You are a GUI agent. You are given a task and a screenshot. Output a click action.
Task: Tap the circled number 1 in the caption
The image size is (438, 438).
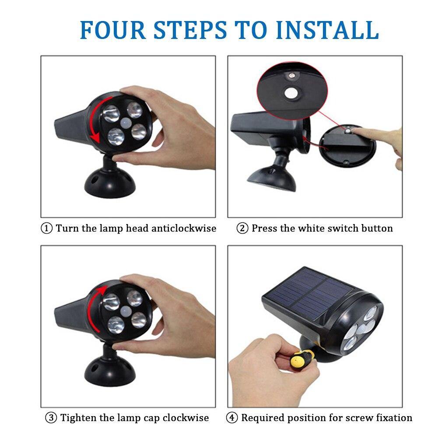(x=46, y=228)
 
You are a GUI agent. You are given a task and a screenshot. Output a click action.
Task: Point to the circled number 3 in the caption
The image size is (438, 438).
(x=52, y=417)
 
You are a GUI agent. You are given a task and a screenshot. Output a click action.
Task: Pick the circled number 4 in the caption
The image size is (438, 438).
(x=232, y=417)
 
